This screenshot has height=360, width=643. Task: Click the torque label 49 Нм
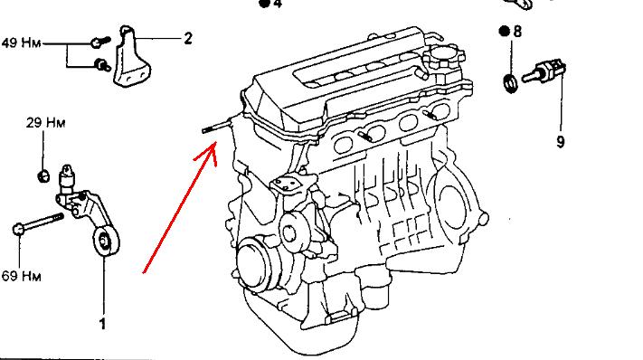(22, 43)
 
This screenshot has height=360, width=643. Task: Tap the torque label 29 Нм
(45, 122)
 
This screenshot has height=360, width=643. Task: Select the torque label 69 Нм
(22, 276)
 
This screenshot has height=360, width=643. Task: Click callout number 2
(188, 39)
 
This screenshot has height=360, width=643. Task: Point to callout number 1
(102, 324)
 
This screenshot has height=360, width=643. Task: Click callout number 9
(561, 141)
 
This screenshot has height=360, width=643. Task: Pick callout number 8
(517, 31)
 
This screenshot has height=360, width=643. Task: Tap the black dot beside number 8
(504, 31)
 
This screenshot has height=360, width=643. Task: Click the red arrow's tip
(215, 142)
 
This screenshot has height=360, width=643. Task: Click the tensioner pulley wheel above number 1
(106, 242)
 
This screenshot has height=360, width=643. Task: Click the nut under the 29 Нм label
(43, 175)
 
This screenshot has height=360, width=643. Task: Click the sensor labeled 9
(544, 71)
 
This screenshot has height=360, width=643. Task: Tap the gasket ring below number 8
(510, 83)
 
